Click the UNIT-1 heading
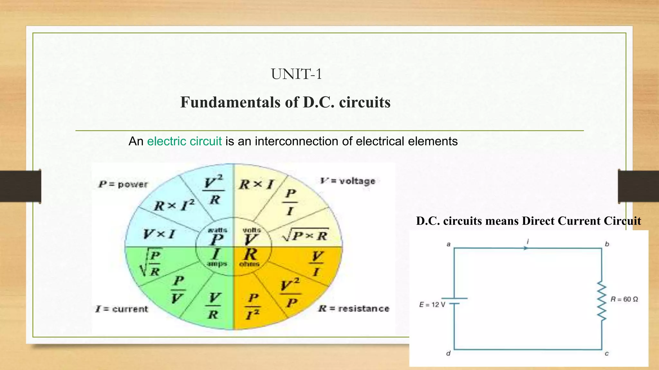(296, 74)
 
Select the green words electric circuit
(184, 141)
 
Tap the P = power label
(123, 184)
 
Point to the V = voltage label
(348, 181)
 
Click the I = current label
(122, 309)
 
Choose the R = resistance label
(354, 309)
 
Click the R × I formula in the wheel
(256, 185)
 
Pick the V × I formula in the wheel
(159, 234)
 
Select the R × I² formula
(174, 206)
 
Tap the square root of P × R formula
(305, 236)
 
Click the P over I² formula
(253, 306)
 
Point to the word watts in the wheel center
(218, 230)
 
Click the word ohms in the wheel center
(249, 264)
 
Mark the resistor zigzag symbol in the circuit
(602, 301)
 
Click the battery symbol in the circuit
(454, 301)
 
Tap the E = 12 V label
(432, 304)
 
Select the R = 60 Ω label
(624, 299)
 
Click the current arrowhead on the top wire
(526, 248)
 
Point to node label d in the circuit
(448, 354)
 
